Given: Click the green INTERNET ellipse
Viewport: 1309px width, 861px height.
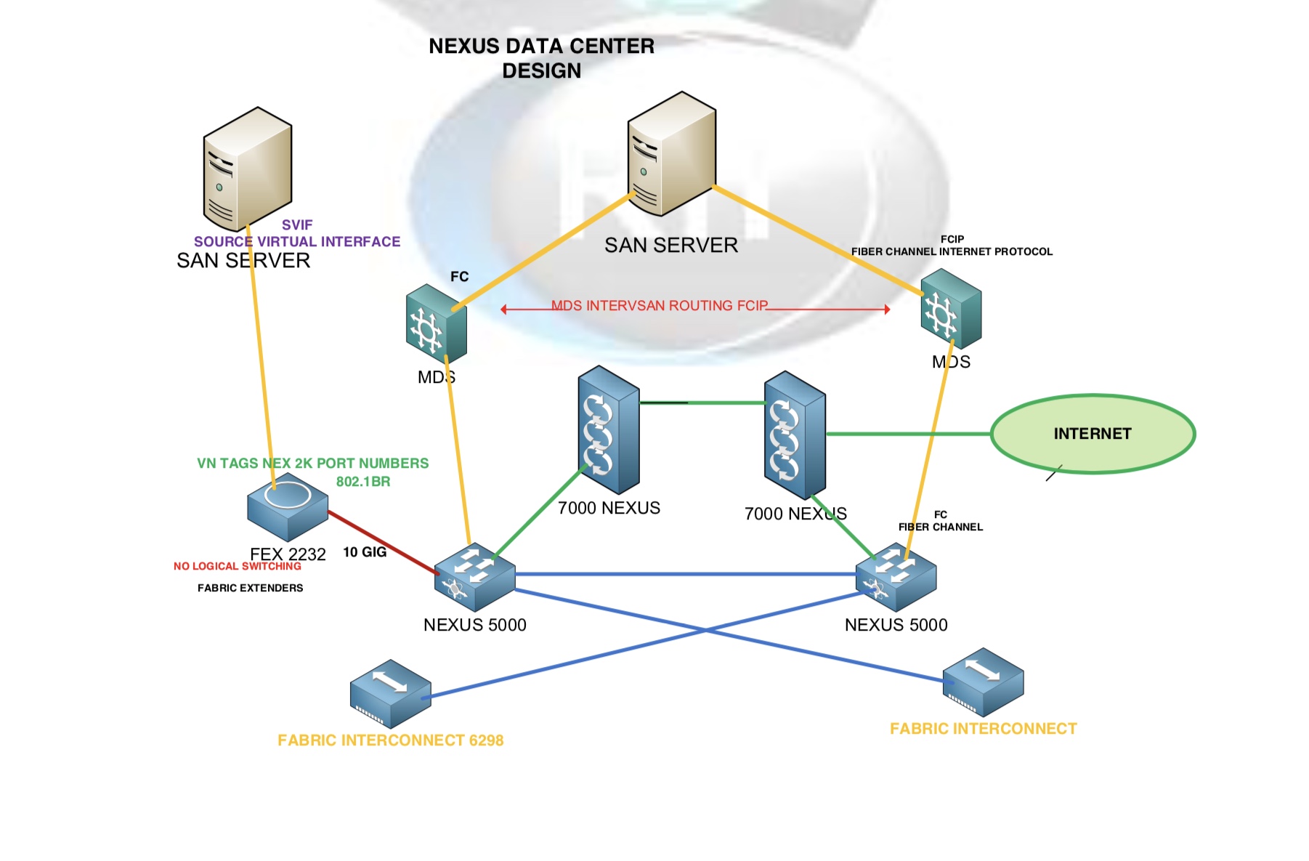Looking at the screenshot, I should [1092, 434].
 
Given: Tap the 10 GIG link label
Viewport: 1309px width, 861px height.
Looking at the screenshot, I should [365, 552].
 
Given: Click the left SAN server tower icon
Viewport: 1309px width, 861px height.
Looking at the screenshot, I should [247, 168].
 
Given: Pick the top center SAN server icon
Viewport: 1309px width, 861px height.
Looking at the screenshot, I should [671, 154].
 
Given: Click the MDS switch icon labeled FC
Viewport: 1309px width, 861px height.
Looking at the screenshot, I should [436, 323].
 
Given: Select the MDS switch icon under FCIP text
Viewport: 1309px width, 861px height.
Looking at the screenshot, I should [951, 309].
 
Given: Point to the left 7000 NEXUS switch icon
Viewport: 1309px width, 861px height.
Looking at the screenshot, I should [609, 430].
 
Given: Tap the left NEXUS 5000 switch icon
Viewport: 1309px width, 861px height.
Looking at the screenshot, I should [474, 578].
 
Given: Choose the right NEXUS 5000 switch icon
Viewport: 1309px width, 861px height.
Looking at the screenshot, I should [896, 578].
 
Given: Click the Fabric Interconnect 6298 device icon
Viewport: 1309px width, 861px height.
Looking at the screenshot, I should [390, 694].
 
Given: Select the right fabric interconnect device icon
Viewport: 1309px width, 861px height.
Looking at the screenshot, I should [983, 682].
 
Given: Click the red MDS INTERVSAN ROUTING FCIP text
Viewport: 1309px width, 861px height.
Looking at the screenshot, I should [659, 305].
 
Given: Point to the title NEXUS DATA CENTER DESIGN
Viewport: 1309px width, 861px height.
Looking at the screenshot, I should [541, 58].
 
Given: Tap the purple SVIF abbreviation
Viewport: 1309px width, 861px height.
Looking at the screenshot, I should [297, 225].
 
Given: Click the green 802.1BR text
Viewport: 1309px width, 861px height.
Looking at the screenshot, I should [362, 482].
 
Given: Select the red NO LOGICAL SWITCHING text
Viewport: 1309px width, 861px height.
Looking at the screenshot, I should [237, 566].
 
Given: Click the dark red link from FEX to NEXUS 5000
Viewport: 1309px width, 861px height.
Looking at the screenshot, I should [381, 542].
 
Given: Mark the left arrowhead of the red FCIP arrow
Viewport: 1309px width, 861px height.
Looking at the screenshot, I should [504, 310].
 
